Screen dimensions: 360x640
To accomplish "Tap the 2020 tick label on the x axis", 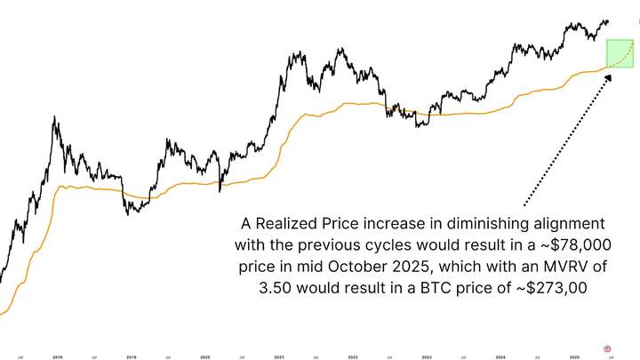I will click(x=205, y=357).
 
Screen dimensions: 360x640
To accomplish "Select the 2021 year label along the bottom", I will click(x=280, y=357).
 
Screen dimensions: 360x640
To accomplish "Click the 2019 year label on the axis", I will click(x=131, y=357).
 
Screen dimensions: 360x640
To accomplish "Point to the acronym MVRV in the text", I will click(x=548, y=265).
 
